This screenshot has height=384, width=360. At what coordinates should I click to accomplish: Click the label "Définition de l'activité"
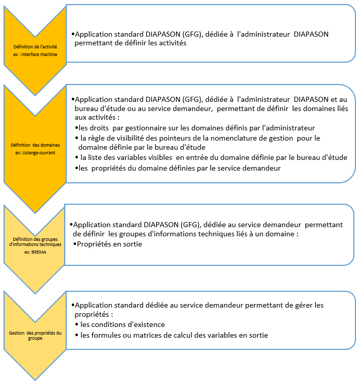35,47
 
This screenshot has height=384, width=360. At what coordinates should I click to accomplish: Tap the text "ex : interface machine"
35,53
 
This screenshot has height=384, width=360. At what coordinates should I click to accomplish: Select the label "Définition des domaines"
35,145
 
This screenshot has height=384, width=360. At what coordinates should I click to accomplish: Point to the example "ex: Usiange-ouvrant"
35,152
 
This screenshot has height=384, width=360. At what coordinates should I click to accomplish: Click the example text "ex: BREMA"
35,251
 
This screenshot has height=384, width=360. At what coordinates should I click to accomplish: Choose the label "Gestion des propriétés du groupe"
35,335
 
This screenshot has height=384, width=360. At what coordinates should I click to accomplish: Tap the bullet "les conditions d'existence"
123,324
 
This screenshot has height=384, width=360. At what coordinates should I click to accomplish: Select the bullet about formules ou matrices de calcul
174,335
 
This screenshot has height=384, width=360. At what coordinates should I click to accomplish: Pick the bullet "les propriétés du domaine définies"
181,168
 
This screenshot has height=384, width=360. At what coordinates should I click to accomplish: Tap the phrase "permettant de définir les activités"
130,44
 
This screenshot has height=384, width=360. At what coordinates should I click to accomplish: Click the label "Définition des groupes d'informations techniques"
35,241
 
